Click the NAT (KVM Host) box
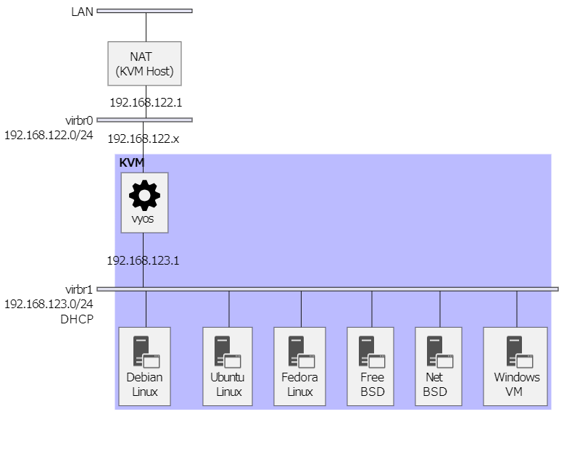pyautogui.click(x=144, y=64)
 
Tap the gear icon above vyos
pyautogui.click(x=144, y=195)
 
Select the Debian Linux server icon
pyautogui.click(x=146, y=352)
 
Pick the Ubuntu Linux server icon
pyautogui.click(x=228, y=352)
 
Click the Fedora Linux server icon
pyautogui.click(x=302, y=352)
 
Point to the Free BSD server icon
pyautogui.click(x=372, y=352)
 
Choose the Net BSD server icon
pyautogui.click(x=440, y=352)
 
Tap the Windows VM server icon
pyautogui.click(x=520, y=352)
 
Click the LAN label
pyautogui.click(x=83, y=12)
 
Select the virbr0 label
pyautogui.click(x=79, y=120)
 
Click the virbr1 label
pyautogui.click(x=79, y=289)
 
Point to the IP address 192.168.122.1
pyautogui.click(x=146, y=102)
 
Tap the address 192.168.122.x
pyautogui.click(x=143, y=138)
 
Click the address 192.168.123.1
pyautogui.click(x=143, y=260)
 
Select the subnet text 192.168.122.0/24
pyautogui.click(x=49, y=136)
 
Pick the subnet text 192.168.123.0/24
pyautogui.click(x=49, y=305)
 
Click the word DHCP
pyautogui.click(x=77, y=319)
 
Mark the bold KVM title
pyautogui.click(x=132, y=162)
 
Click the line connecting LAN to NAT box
pyautogui.click(x=146, y=28)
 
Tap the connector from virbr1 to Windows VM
pyautogui.click(x=517, y=309)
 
